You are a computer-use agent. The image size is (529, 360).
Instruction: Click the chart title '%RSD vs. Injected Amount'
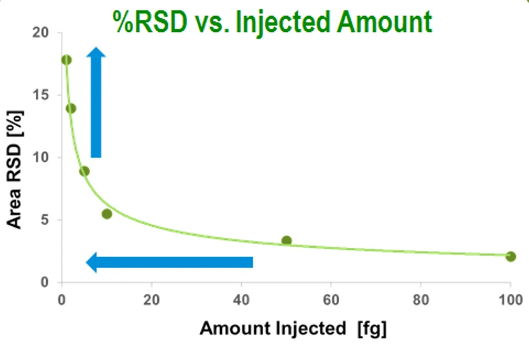272,23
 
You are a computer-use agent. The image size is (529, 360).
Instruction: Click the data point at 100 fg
511,256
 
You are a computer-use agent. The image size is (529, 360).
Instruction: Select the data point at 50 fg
286,240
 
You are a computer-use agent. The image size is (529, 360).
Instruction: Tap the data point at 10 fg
107,214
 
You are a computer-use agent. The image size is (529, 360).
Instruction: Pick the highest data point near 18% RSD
67,60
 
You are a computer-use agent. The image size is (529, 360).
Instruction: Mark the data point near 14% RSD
71,108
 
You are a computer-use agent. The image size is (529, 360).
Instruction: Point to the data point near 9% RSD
84,171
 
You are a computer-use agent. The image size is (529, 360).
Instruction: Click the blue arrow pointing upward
96,102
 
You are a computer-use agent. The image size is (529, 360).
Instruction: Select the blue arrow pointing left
170,262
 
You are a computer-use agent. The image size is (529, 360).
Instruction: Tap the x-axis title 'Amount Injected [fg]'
293,329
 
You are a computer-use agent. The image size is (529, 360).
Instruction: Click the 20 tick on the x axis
151,303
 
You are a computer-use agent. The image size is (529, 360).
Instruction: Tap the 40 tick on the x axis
241,303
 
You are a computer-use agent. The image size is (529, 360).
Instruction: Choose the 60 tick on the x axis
331,303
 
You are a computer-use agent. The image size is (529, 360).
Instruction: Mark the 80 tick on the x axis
420,303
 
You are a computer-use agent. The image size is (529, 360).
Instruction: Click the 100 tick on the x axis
509,303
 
